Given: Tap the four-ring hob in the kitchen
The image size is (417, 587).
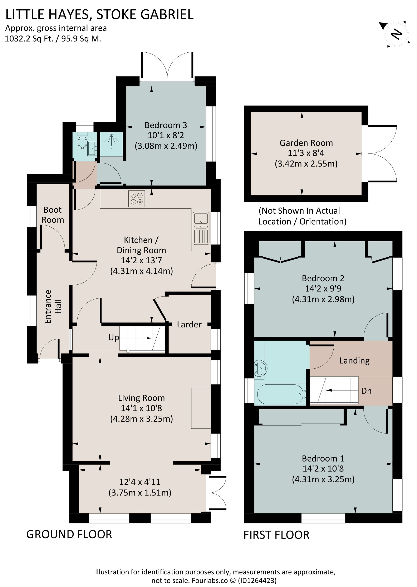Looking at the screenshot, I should (136, 199).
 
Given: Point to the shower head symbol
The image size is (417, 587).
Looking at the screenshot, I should (111, 140).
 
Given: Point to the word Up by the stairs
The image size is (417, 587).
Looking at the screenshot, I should (113, 337).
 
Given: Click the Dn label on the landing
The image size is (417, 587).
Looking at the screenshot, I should (366, 391).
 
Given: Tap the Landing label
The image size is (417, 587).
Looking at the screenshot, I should (354, 361).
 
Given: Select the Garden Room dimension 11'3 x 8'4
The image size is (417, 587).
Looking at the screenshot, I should (306, 153).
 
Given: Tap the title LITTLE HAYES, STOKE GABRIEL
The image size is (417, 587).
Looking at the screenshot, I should (99, 14).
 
